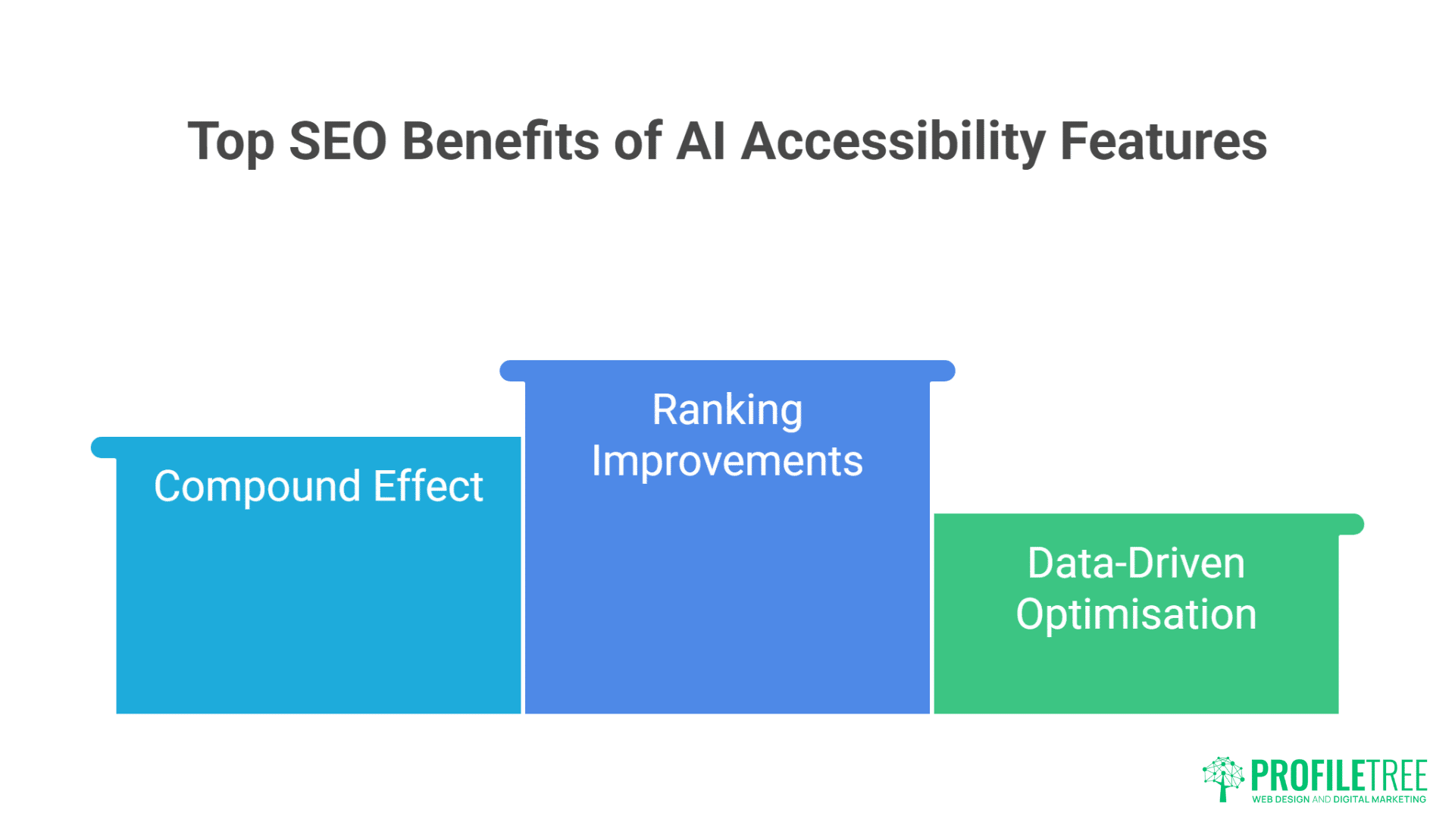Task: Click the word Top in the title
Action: (x=230, y=143)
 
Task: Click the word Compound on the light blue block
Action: (x=257, y=487)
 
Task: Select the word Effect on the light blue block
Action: (x=428, y=486)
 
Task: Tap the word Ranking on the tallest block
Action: (x=727, y=410)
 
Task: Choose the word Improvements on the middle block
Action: (x=727, y=461)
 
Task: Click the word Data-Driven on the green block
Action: (x=1136, y=563)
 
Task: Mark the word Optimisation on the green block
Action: (x=1136, y=614)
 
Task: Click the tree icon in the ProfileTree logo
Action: (x=1222, y=778)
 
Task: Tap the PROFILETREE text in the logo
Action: (x=1339, y=775)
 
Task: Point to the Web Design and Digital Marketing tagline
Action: (x=1339, y=799)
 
